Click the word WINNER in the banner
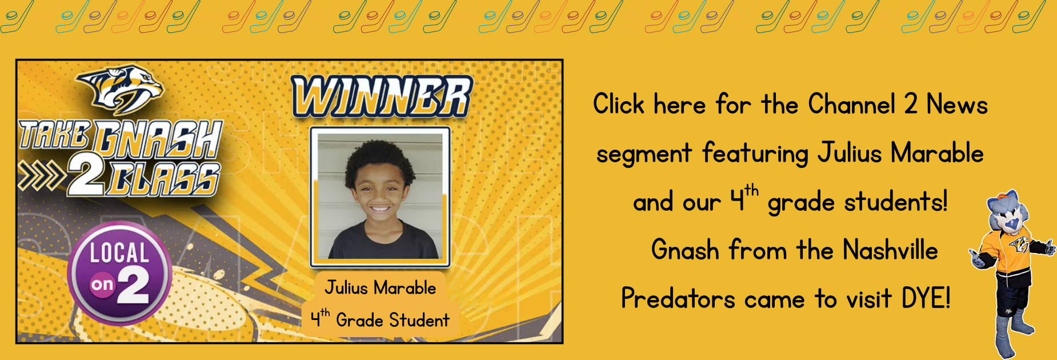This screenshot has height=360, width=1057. click(382, 97)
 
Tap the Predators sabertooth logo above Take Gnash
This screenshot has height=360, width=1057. click(119, 88)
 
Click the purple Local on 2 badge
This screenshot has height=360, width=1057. click(119, 273)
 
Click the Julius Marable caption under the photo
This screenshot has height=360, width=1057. click(381, 287)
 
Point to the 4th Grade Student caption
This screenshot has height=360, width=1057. click(380, 319)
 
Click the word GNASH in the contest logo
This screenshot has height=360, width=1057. click(158, 138)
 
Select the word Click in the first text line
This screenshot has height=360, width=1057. click(619, 104)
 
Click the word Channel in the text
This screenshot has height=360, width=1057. click(852, 104)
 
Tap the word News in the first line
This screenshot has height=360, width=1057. click(957, 104)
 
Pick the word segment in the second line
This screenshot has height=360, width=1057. click(644, 154)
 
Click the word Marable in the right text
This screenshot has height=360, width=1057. click(937, 153)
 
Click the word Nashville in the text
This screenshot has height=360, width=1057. click(890, 250)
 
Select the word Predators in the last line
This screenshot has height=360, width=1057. click(678, 298)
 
